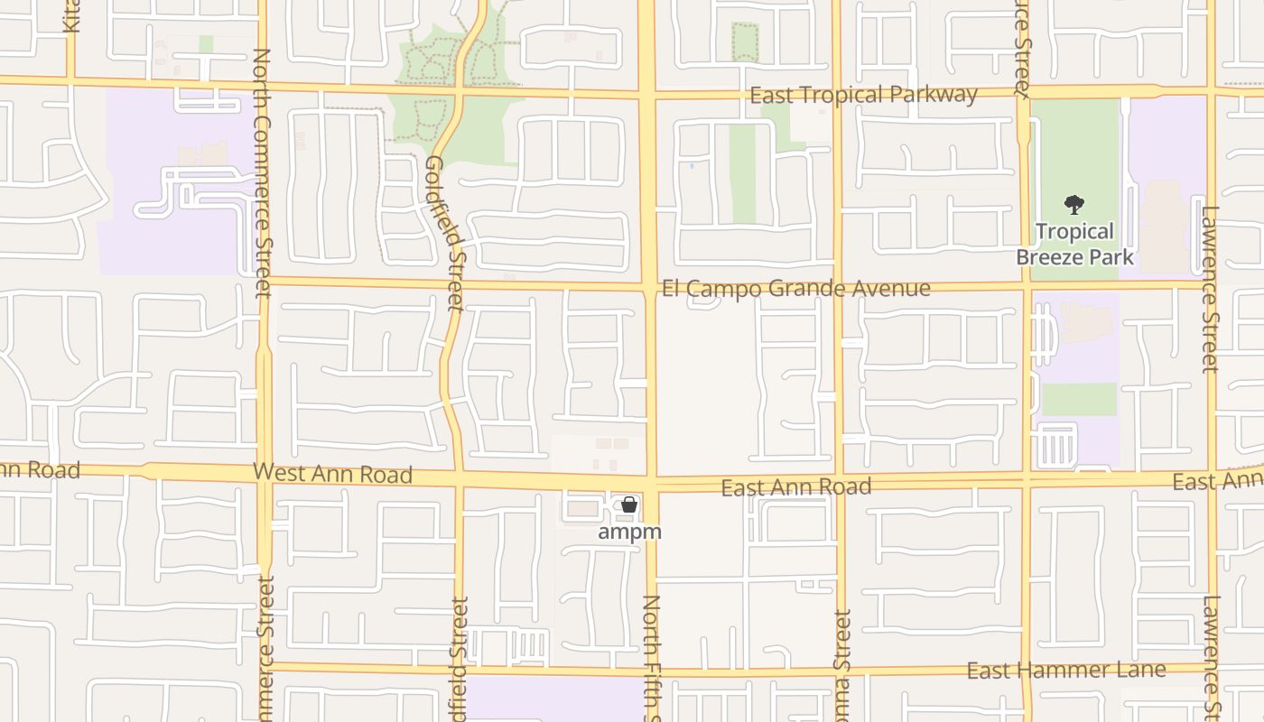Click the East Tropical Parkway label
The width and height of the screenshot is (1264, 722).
[x=864, y=95]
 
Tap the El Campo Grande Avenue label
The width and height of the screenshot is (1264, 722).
[x=795, y=289]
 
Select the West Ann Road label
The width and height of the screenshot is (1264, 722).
[x=332, y=473]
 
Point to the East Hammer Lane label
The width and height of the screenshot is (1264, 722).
[x=1066, y=671]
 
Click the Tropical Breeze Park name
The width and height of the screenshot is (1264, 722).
[x=1074, y=245]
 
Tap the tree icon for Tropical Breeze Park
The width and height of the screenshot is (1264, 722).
[x=1073, y=205]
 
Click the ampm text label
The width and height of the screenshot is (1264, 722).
[x=629, y=532]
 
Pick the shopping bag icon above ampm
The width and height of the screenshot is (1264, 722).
[x=629, y=505]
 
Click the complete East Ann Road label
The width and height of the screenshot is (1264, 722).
[x=795, y=487]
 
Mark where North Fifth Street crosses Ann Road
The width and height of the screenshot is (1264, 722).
[x=649, y=482]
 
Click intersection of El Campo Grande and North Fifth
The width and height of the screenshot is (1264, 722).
[x=648, y=288]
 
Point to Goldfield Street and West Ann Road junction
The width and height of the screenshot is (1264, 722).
[x=459, y=477]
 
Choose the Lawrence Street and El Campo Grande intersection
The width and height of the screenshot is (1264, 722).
[x=1210, y=286]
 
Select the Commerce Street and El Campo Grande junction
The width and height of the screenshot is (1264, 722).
[x=263, y=282]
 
